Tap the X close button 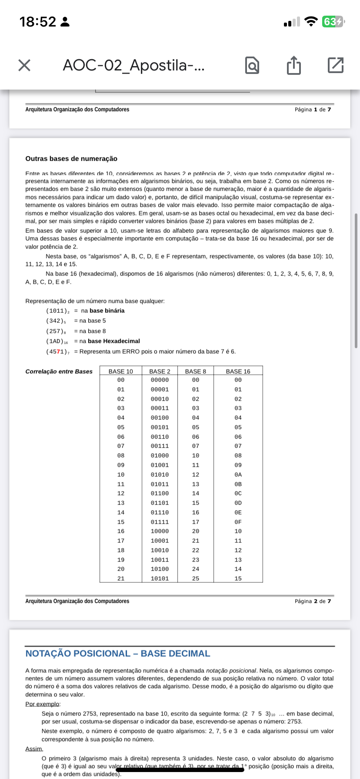[24, 65]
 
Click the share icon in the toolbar [294, 65]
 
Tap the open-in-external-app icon [335, 65]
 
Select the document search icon [252, 65]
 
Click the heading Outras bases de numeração [71, 159]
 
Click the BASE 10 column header [121, 371]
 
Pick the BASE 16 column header [238, 371]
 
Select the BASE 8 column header [196, 371]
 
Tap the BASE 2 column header [160, 371]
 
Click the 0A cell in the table [238, 475]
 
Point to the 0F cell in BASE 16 [238, 522]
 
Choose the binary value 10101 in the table [160, 579]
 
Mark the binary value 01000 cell [160, 456]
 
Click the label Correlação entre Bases [59, 372]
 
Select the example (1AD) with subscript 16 [57, 341]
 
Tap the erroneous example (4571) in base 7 [57, 352]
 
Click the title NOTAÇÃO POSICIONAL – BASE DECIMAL [118, 654]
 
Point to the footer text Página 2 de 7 [313, 601]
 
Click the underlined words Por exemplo [43, 704]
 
